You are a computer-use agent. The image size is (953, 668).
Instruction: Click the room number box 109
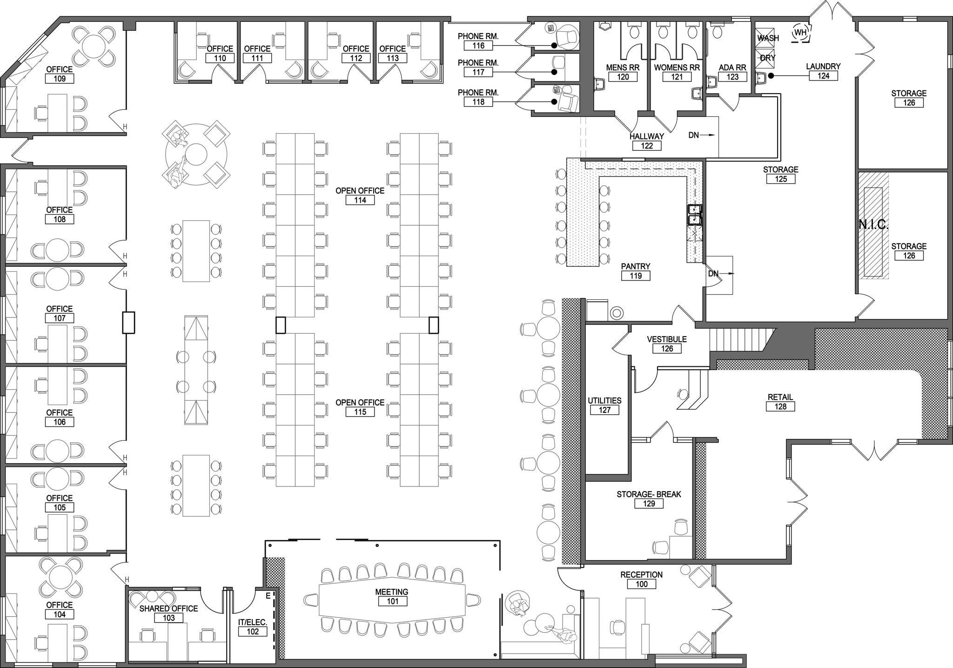click(60, 79)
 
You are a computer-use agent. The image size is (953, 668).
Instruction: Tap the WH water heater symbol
click(800, 33)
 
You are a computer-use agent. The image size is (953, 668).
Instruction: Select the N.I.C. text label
click(873, 225)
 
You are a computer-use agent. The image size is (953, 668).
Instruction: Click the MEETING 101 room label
click(392, 596)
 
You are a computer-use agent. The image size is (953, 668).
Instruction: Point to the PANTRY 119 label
click(636, 271)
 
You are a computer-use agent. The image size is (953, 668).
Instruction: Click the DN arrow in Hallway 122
click(701, 135)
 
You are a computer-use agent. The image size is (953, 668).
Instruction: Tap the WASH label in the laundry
click(768, 38)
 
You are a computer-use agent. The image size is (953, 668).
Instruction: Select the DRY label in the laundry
click(768, 58)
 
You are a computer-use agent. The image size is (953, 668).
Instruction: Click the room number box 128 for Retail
click(780, 406)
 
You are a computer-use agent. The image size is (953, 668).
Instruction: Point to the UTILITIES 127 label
click(604, 405)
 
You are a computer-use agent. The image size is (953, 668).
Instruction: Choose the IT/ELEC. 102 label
click(253, 627)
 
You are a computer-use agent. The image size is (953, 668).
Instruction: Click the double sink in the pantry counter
click(695, 214)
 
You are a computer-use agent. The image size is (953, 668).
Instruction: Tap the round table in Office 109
click(95, 45)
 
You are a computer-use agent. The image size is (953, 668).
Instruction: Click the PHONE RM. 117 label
click(478, 67)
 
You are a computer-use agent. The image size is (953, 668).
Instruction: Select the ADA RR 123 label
click(732, 72)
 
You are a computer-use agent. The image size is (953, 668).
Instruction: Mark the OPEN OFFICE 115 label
click(360, 407)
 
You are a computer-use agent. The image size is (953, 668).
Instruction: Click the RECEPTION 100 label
click(641, 579)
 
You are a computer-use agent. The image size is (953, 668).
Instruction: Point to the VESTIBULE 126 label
click(667, 344)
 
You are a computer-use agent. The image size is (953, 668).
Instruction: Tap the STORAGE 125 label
click(781, 174)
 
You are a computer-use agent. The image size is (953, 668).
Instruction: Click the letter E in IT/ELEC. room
click(268, 595)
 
